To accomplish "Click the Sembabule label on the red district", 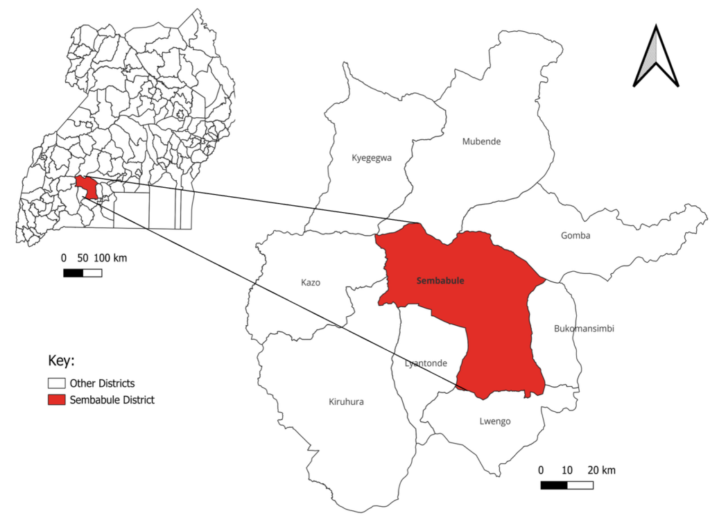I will (440, 281).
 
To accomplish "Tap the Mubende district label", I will (481, 141).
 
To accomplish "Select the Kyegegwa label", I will (372, 158).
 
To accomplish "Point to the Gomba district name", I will (575, 236).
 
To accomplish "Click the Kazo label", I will (311, 283).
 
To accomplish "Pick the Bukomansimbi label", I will (585, 329).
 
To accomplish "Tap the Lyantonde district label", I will (426, 363).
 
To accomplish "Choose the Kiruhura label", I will (346, 402).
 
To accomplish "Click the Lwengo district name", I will (495, 421).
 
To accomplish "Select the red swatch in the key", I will (56, 400).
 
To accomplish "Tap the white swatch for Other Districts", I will (56, 383).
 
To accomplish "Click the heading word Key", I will (61, 361).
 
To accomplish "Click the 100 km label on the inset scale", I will (110, 258).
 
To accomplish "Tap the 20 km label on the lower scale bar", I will (600, 471).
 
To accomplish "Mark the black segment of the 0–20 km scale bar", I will (554, 485).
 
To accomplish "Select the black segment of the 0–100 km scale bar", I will (73, 272).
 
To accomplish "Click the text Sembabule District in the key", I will (112, 400).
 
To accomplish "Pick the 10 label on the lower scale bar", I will (567, 471).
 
